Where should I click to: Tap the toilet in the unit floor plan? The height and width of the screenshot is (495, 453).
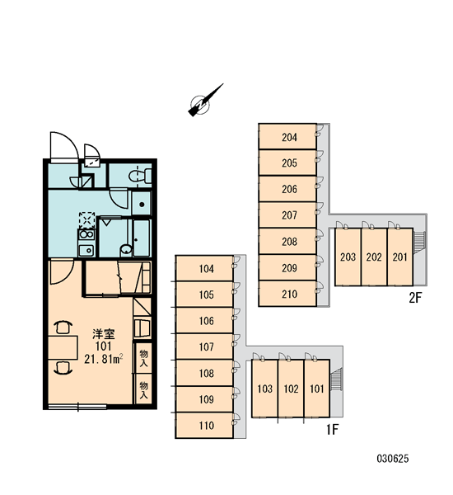tap(140, 176)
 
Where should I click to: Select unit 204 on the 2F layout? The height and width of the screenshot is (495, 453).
tap(287, 136)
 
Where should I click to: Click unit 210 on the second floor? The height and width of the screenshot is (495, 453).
tap(287, 293)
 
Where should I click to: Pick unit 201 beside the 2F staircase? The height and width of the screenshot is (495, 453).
tap(400, 257)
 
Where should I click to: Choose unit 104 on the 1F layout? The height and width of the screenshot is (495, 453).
tap(204, 268)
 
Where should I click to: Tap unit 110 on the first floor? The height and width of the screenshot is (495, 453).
tap(204, 425)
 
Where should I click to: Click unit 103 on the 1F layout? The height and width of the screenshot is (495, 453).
tap(265, 389)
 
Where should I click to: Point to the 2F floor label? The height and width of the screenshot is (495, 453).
tap(415, 298)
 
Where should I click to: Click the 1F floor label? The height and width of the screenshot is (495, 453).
tap(332, 429)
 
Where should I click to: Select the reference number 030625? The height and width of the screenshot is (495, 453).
tap(393, 458)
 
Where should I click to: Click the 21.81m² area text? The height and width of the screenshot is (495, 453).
tap(104, 359)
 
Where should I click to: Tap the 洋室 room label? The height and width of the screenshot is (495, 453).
tap(104, 334)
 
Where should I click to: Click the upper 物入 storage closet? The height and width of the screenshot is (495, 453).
tap(143, 358)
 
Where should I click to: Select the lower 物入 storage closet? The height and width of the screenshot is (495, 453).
tap(143, 389)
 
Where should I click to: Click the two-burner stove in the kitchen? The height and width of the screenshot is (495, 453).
tap(86, 234)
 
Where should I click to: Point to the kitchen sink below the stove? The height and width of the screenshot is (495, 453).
tap(86, 251)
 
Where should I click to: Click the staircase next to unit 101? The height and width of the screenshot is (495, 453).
tap(336, 379)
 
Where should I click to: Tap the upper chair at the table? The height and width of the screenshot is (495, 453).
tap(63, 327)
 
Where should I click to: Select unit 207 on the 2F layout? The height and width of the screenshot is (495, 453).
tap(287, 215)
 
